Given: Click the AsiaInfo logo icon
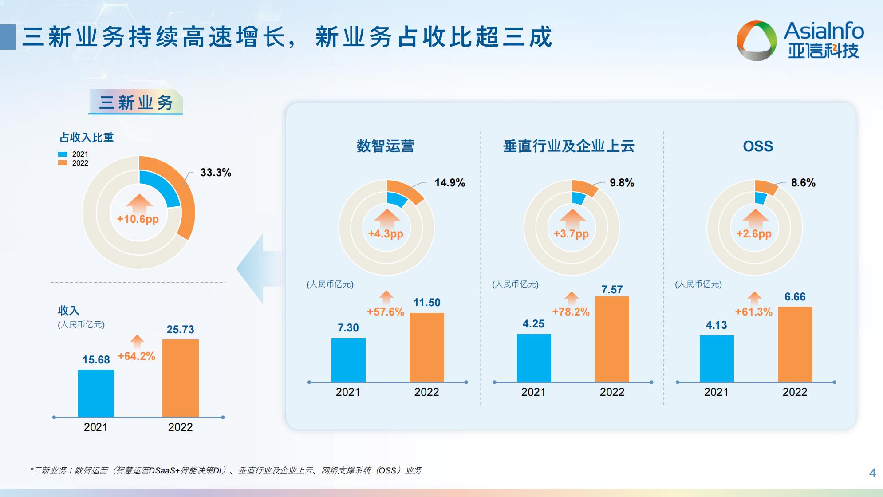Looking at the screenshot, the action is pyautogui.click(x=757, y=40).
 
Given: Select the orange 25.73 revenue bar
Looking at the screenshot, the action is pyautogui.click(x=180, y=378).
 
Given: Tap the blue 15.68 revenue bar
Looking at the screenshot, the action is pyautogui.click(x=96, y=393).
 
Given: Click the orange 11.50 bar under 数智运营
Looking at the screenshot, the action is pyautogui.click(x=427, y=347).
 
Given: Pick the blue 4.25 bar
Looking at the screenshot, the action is pyautogui.click(x=534, y=358).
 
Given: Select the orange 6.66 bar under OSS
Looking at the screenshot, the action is pyautogui.click(x=795, y=344).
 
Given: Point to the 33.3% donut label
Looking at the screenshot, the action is pyautogui.click(x=216, y=173).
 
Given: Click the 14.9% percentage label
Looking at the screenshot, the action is pyautogui.click(x=449, y=183).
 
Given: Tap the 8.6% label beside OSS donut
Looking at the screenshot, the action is pyautogui.click(x=803, y=183).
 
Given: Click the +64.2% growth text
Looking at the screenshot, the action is pyautogui.click(x=137, y=356).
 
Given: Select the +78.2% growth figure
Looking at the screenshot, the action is pyautogui.click(x=571, y=312).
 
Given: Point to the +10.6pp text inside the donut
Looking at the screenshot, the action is pyautogui.click(x=138, y=219).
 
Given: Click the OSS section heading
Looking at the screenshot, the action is pyautogui.click(x=758, y=146).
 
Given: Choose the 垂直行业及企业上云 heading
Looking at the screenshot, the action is pyautogui.click(x=568, y=146).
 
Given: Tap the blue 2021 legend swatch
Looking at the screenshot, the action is pyautogui.click(x=63, y=154).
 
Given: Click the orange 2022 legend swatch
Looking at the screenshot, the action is pyautogui.click(x=63, y=163).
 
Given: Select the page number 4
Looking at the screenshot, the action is pyautogui.click(x=872, y=473).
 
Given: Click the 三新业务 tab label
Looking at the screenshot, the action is pyautogui.click(x=136, y=103).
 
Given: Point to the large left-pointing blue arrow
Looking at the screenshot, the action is pyautogui.click(x=260, y=268).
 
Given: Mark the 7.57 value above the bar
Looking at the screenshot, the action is pyautogui.click(x=612, y=290).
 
